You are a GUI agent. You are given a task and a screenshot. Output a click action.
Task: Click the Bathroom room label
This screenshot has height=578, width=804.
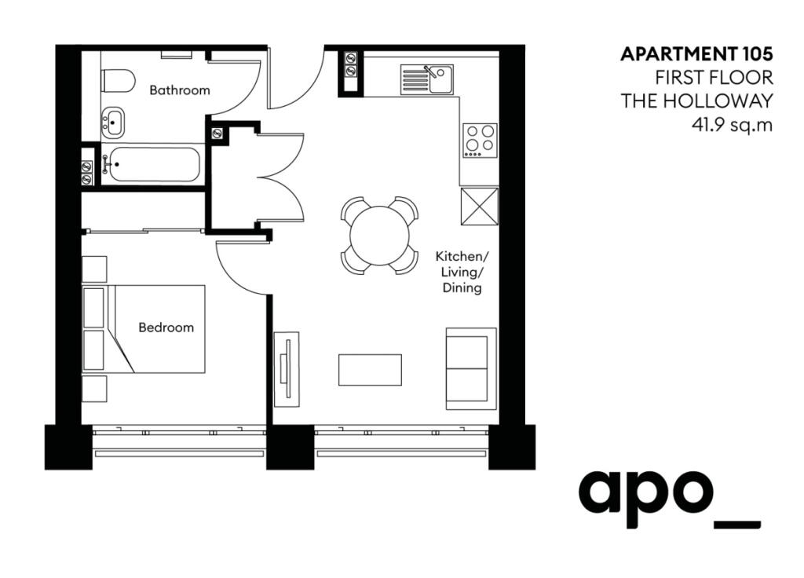(x=180, y=90)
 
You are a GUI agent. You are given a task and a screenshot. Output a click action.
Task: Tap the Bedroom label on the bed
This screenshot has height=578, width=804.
(x=166, y=327)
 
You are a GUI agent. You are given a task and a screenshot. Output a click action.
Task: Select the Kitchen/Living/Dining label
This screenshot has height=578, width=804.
(x=462, y=273)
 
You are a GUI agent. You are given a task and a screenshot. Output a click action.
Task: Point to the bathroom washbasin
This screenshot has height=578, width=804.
(x=114, y=122)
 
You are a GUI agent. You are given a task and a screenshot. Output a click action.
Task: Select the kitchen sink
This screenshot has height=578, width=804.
(x=426, y=79)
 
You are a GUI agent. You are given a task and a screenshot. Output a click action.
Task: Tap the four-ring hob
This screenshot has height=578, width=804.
(x=479, y=140)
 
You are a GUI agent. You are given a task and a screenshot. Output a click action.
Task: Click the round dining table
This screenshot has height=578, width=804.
(x=379, y=235)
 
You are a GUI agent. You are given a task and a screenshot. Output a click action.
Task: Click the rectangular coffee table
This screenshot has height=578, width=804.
(x=370, y=370)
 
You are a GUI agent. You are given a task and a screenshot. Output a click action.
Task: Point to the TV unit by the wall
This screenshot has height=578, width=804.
(x=287, y=369)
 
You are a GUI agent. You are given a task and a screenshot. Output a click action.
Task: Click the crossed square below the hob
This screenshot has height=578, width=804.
(x=479, y=206)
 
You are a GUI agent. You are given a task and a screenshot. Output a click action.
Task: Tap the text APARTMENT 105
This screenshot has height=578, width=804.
(x=696, y=54)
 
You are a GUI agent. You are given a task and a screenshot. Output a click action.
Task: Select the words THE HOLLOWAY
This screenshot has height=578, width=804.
(x=697, y=101)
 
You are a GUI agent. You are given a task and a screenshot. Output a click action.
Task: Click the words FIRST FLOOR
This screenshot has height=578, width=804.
(x=714, y=78)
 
